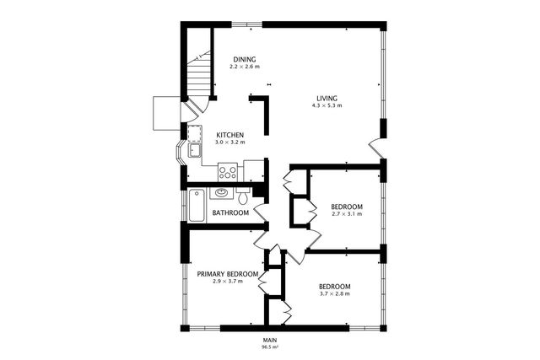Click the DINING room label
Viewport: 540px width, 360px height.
tap(245, 58)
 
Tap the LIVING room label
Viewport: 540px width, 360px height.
tap(327, 97)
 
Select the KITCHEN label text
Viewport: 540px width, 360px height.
tap(230, 135)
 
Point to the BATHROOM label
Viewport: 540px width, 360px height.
tap(230, 212)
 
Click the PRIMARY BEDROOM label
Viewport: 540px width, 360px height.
tap(226, 274)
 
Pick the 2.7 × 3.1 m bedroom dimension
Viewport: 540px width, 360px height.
tap(346, 214)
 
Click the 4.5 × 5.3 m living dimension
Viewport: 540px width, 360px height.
tap(327, 105)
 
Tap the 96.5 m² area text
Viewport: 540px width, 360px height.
tap(270, 347)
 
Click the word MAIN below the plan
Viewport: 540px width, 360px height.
tap(270, 339)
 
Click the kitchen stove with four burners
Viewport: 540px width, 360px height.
tap(227, 172)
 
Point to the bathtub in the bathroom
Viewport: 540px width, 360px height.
tap(197, 206)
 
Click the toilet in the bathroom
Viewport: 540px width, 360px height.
tap(243, 198)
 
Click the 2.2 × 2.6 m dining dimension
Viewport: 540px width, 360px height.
tap(245, 66)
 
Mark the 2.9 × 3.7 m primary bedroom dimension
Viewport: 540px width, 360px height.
tap(226, 282)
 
